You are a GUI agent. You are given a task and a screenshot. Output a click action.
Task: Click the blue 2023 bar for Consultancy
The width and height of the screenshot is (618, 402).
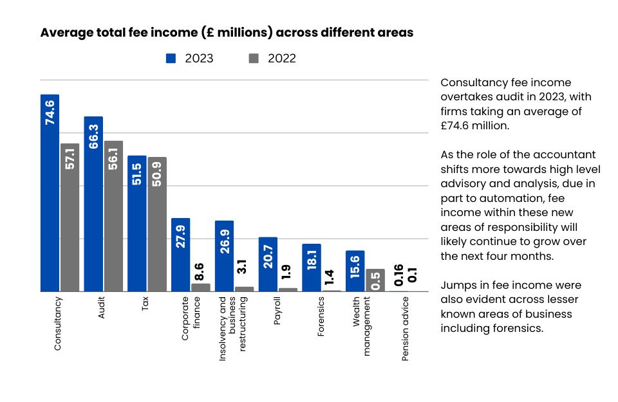click(50, 193)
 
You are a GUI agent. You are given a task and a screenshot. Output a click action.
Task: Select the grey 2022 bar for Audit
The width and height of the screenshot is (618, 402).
click(113, 216)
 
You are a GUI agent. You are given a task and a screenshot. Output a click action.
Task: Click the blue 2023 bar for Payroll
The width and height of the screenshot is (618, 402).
click(268, 264)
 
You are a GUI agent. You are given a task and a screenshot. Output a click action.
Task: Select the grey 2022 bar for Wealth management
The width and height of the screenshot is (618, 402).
click(375, 280)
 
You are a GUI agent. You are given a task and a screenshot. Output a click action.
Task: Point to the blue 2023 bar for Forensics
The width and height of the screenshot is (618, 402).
click(312, 268)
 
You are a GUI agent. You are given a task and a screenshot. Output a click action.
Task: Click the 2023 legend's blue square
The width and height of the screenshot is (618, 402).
click(171, 59)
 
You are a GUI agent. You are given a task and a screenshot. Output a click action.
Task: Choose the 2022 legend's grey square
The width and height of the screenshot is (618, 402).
click(254, 59)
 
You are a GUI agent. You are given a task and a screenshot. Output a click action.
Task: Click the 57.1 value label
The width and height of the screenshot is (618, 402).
click(70, 160)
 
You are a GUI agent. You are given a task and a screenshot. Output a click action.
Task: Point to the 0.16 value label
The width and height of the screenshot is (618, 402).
click(398, 275)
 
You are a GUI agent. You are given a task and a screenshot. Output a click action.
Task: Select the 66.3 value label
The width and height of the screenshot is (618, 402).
click(93, 133)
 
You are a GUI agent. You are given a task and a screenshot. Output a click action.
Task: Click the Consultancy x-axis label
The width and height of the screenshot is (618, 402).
click(58, 323)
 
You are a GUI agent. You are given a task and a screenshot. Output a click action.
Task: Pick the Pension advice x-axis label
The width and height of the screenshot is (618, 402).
click(406, 329)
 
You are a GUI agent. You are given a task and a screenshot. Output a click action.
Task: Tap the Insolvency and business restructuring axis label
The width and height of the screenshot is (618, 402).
click(232, 328)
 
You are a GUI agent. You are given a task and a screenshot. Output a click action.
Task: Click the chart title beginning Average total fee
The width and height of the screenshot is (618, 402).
click(227, 32)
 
